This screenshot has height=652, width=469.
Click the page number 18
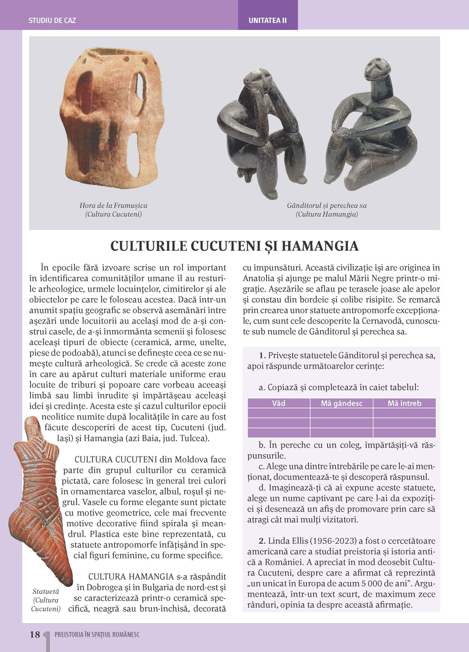pyautogui.click(x=35, y=635)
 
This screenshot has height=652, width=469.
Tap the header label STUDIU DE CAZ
pyautogui.click(x=52, y=21)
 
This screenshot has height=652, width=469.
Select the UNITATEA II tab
pyautogui.click(x=267, y=21)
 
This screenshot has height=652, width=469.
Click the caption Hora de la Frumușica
pyautogui.click(x=113, y=205)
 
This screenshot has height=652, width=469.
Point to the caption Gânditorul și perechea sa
pyautogui.click(x=327, y=205)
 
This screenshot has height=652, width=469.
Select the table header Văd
pyautogui.click(x=279, y=403)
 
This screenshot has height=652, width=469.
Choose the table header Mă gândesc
pyautogui.click(x=341, y=403)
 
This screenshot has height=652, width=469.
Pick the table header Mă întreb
pyautogui.click(x=404, y=403)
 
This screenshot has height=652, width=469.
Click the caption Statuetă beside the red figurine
pyautogui.click(x=46, y=592)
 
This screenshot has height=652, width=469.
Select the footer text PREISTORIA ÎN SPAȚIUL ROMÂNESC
pyautogui.click(x=97, y=635)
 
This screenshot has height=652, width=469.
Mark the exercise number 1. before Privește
pyautogui.click(x=262, y=355)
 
